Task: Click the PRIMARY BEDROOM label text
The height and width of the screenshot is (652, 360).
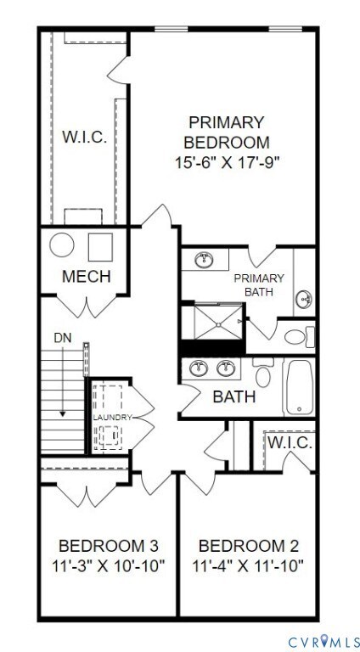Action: (x=226, y=132)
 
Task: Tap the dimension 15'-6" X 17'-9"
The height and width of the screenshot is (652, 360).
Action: (x=226, y=161)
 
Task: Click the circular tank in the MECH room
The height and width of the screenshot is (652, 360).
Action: (x=62, y=245)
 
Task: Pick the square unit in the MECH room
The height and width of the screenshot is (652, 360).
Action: (x=100, y=245)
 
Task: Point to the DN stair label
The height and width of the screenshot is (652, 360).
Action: (x=64, y=337)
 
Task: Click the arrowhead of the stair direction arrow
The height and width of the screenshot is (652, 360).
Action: (x=63, y=413)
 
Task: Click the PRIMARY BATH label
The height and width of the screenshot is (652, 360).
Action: (x=259, y=285)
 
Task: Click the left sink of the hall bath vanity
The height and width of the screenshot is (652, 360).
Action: (x=200, y=368)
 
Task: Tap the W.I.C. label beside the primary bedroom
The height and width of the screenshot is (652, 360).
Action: (x=84, y=136)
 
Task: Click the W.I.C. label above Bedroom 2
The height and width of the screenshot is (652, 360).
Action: (x=290, y=443)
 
